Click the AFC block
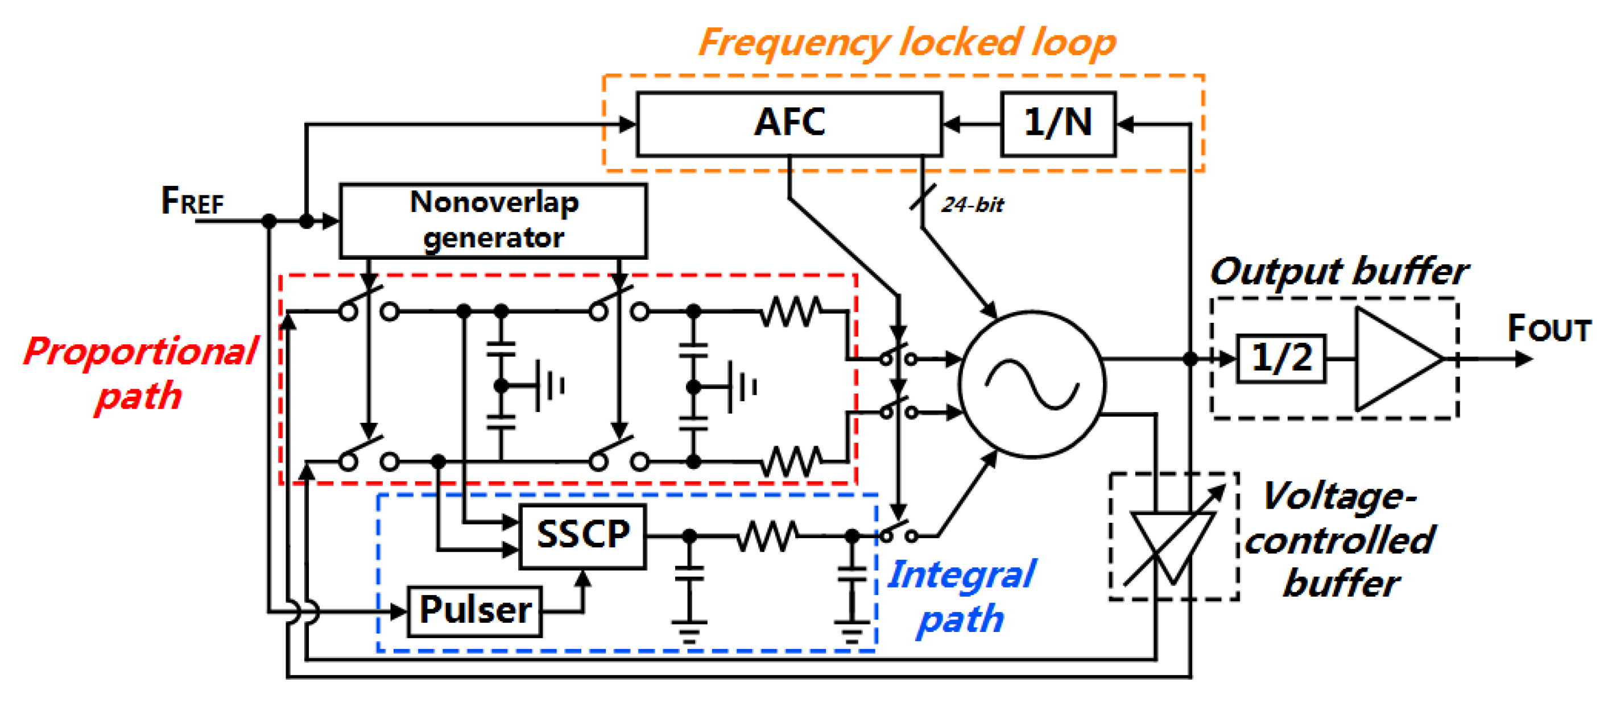point(789,123)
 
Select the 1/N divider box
point(1057,123)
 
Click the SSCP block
point(582,536)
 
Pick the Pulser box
point(474,611)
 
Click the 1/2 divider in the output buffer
point(1281,359)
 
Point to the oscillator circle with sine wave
point(1032,385)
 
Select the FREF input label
point(192,202)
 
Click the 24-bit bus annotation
point(972,205)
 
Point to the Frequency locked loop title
point(906,43)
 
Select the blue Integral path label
point(961,596)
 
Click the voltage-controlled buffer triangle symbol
point(1172,544)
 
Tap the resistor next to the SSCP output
point(767,536)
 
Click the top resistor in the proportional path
point(790,311)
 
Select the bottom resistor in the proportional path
point(790,461)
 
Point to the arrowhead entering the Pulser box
point(399,612)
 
